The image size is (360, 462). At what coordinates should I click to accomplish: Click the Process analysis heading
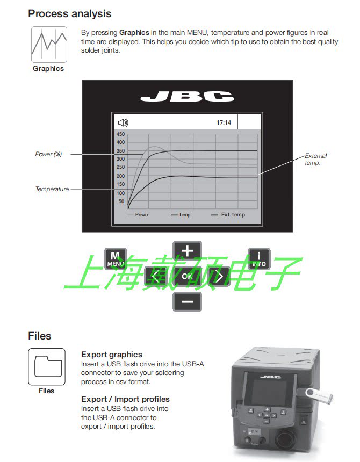pos(70,13)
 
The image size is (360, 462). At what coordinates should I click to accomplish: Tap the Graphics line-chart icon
pos(49,45)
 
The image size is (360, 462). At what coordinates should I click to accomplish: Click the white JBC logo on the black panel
pos(187,97)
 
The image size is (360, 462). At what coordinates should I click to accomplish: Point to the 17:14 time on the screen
pos(224,122)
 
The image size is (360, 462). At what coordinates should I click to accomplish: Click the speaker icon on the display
pos(123,122)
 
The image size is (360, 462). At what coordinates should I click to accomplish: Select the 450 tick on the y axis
pos(120,134)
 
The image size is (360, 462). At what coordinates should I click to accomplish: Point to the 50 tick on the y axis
pos(121,201)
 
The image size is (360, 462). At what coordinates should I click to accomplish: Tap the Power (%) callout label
pos(49,154)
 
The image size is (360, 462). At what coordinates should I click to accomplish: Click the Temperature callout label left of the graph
pos(52,189)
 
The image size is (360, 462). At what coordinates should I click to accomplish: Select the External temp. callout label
pos(316,159)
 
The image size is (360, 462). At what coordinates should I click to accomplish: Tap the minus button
pos(187,301)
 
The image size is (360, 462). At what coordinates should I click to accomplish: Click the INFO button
pos(259,259)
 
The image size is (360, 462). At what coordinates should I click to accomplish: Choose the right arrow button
pos(220,276)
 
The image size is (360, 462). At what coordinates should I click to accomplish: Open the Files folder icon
pos(47,366)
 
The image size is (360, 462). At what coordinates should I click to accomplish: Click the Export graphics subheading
pos(112,355)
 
